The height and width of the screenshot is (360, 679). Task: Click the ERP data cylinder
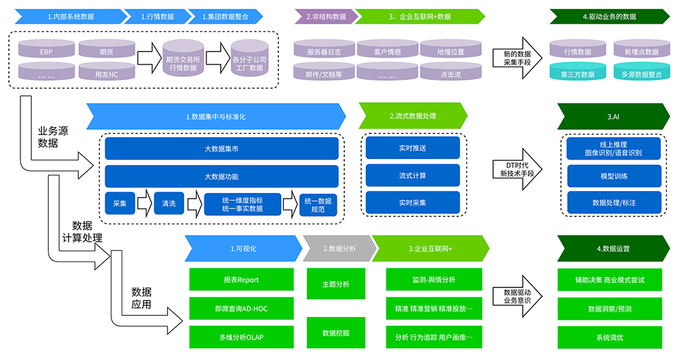(45, 52)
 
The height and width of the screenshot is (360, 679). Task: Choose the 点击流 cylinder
(448, 73)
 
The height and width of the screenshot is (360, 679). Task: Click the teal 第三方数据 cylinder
(577, 73)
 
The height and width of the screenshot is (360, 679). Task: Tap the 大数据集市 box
(221, 149)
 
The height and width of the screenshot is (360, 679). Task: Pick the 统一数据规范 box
(318, 204)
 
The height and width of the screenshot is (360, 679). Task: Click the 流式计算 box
(412, 175)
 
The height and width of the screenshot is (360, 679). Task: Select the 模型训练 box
(614, 176)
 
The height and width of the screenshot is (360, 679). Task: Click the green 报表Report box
(241, 279)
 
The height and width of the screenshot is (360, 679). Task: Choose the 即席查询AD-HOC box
(241, 308)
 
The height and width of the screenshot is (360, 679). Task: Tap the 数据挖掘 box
(335, 333)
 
